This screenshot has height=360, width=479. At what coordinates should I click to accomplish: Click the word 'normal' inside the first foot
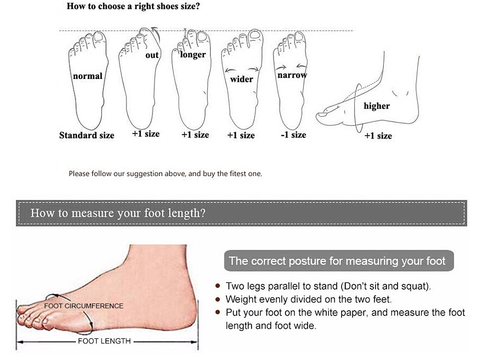point(88,76)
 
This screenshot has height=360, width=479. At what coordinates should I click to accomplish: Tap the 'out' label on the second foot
point(152,55)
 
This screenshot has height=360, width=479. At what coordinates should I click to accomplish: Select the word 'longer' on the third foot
point(193,55)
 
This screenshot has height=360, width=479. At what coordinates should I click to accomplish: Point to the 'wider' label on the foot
point(241,79)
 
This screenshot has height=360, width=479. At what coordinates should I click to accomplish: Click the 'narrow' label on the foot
point(292,75)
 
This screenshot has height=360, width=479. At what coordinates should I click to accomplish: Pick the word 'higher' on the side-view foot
point(376,106)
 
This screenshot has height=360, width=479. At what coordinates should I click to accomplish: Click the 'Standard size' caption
point(87,135)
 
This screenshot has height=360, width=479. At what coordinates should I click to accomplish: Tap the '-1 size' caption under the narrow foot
point(293,135)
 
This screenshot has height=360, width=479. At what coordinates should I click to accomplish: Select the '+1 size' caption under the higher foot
point(378,135)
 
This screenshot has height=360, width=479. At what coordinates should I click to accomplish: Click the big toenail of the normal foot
point(99,37)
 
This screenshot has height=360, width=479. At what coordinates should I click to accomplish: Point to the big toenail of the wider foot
point(255,34)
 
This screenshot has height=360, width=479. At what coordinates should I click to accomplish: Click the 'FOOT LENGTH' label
point(104,341)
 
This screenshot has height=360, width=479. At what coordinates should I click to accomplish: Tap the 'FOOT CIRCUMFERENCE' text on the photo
point(84,306)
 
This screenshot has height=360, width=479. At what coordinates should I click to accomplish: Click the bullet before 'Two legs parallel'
point(218,286)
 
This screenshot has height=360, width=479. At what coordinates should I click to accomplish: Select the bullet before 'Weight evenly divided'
point(218,299)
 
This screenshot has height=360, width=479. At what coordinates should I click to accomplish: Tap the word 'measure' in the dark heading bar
point(92,213)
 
